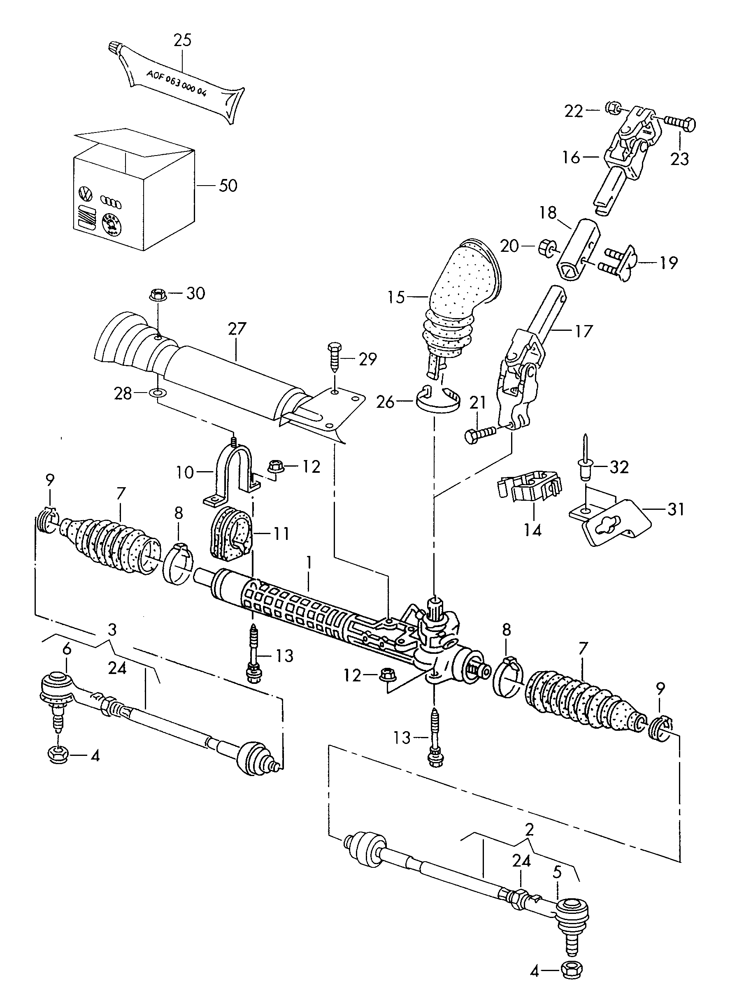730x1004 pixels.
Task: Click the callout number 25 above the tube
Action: click(x=182, y=40)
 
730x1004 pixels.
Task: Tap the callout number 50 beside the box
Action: click(x=228, y=186)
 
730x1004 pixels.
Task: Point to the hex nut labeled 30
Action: click(x=158, y=294)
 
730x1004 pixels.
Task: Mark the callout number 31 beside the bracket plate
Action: click(x=676, y=509)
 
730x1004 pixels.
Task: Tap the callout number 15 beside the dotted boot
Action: click(x=396, y=297)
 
